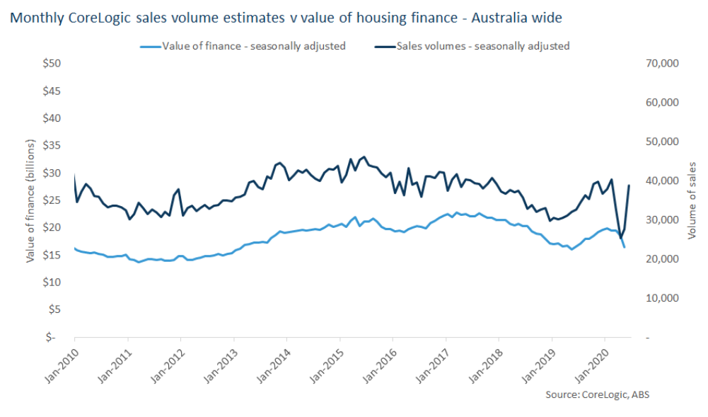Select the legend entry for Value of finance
(x=253, y=46)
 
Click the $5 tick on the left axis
(x=55, y=309)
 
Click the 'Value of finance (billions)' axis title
(x=30, y=200)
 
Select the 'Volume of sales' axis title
(x=693, y=200)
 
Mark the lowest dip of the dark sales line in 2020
(x=620, y=238)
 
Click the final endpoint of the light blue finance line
(x=624, y=247)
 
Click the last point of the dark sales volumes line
(x=629, y=185)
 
